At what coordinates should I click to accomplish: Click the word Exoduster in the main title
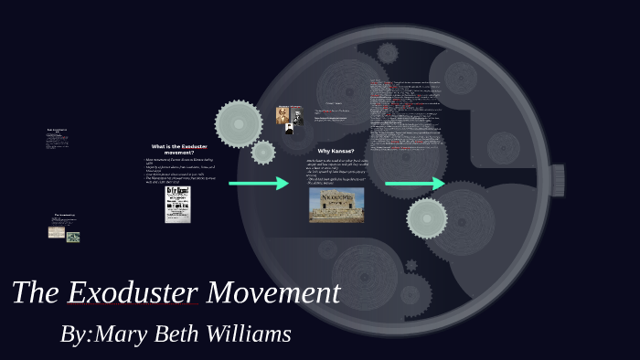pos(133,293)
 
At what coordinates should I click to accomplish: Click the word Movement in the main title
pos(273,293)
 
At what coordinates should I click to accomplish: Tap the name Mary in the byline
pos(122,334)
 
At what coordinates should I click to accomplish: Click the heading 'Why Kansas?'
pos(336,151)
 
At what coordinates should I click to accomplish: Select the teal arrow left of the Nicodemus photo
pos(258,184)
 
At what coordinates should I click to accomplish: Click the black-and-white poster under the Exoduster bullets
pos(177,205)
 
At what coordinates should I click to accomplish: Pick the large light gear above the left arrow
pos(238,123)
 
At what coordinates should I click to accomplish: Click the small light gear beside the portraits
pos(263,152)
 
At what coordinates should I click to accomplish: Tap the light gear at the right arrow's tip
pos(427,217)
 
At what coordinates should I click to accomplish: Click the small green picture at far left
pos(73,238)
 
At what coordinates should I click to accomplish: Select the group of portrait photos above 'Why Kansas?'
pos(289,119)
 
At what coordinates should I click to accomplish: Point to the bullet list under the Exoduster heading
pos(178,170)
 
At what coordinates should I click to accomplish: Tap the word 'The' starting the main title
pos(35,293)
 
